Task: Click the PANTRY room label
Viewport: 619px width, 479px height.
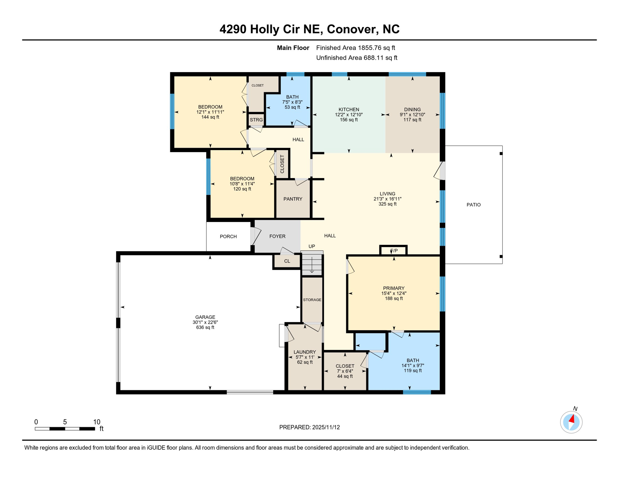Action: click(293, 199)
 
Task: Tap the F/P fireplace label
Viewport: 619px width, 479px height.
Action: click(394, 251)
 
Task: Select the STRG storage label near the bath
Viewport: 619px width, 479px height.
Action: click(256, 120)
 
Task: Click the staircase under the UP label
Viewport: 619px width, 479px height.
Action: click(312, 264)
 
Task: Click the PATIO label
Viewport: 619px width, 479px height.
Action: click(473, 205)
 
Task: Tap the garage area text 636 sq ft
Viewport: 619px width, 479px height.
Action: click(205, 327)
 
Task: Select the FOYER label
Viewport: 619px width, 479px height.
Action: click(277, 236)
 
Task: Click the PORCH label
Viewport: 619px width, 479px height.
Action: click(228, 237)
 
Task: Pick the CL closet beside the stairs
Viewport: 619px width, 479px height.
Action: click(287, 261)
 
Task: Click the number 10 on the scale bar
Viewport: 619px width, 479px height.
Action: click(97, 422)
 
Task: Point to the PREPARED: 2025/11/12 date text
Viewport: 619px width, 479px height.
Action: click(309, 427)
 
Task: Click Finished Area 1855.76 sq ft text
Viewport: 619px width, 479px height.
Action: click(355, 48)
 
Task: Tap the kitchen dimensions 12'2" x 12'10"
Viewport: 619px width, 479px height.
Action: click(349, 115)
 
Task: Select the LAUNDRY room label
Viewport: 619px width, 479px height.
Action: click(305, 352)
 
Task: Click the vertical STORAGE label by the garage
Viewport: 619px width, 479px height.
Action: click(312, 300)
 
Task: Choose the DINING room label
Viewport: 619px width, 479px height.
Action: click(412, 109)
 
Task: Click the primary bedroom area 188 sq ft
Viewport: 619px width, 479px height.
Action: click(394, 298)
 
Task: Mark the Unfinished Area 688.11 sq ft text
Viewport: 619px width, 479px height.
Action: click(357, 58)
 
